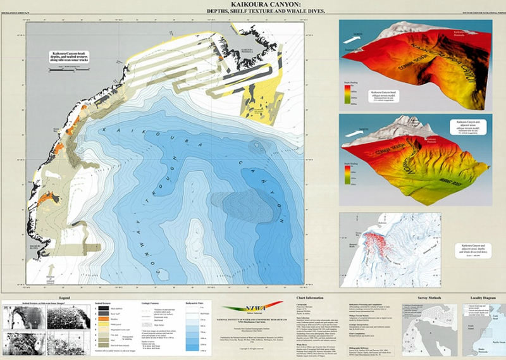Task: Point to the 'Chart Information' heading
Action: click(x=310, y=297)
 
